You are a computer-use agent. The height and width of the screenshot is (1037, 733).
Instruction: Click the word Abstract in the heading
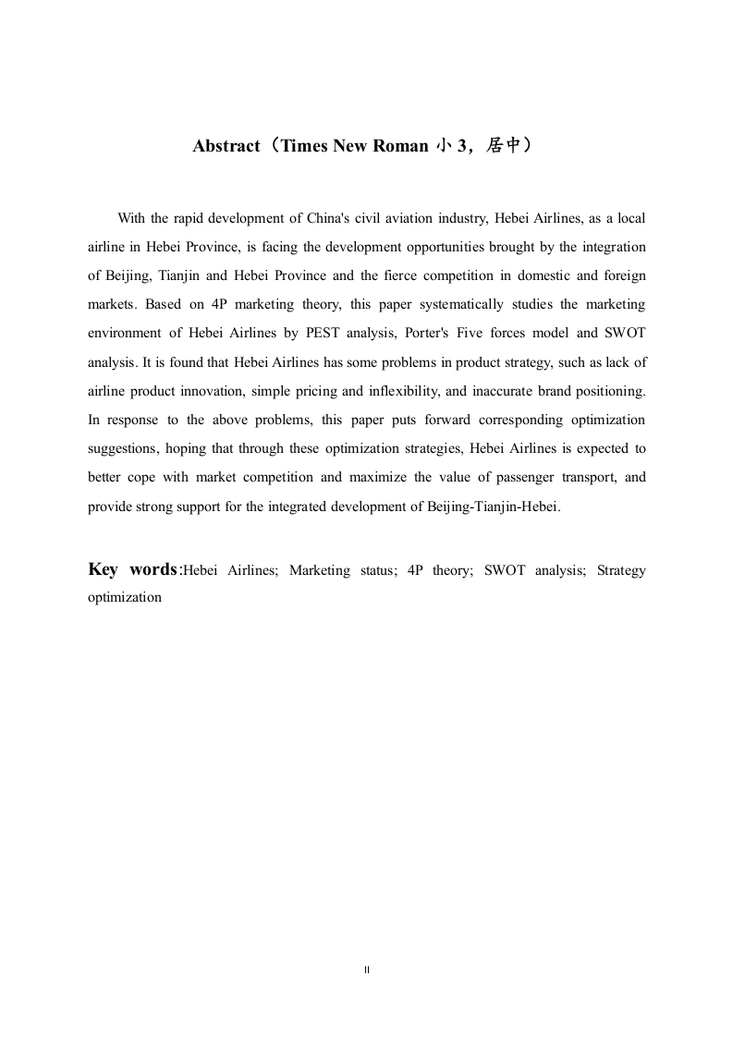coord(226,146)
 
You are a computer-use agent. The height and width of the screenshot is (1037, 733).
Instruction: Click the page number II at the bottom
coord(366,970)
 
